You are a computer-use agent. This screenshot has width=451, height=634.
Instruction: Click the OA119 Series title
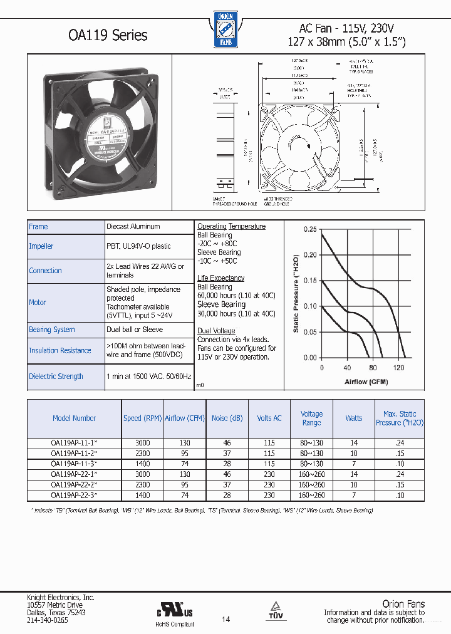(x=108, y=35)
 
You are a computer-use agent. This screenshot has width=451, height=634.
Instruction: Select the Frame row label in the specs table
(x=38, y=227)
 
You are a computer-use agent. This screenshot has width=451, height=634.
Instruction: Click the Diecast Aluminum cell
(x=133, y=227)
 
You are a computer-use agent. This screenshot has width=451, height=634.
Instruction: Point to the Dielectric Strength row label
(x=56, y=377)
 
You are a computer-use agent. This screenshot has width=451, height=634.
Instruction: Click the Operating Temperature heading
(x=231, y=226)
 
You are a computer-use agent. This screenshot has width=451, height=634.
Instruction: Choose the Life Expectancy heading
(x=220, y=278)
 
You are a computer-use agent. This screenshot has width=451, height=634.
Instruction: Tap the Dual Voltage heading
(x=216, y=331)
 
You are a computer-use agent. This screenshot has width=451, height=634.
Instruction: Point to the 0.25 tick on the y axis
(x=310, y=229)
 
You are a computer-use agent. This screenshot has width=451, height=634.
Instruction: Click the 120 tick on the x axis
(x=398, y=368)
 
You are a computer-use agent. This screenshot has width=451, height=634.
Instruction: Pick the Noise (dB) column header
(x=227, y=418)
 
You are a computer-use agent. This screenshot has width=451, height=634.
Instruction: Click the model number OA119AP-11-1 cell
(x=73, y=442)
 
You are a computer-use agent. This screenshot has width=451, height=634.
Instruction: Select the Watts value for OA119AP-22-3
(x=354, y=495)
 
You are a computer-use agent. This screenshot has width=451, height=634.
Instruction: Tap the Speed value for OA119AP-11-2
(x=142, y=453)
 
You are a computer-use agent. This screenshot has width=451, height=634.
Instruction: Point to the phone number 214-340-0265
(x=47, y=620)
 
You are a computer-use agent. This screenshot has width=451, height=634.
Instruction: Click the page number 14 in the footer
(x=225, y=619)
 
